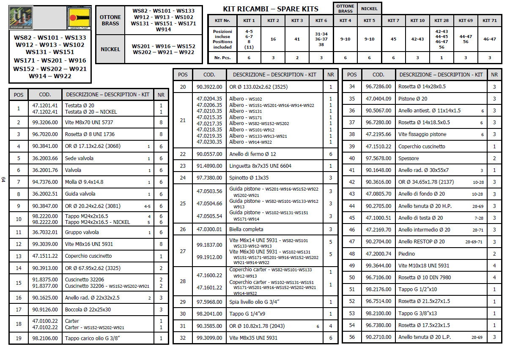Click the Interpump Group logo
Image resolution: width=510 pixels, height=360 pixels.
[21, 18]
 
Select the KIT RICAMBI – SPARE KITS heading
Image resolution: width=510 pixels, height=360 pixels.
[271, 9]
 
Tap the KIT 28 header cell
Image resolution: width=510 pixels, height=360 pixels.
[441, 20]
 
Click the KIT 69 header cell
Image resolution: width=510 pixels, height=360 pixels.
[466, 20]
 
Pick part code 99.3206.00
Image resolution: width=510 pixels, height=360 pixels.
[44, 123]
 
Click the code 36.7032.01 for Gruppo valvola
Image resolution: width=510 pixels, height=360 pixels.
[44, 232]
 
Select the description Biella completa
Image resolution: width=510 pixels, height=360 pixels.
[246, 229]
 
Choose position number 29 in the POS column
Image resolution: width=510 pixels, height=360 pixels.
[183, 302]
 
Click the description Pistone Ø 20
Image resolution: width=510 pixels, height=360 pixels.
[413, 99]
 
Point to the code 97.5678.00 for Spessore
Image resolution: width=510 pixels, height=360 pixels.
[378, 158]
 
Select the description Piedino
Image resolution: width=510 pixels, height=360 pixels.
[406, 254]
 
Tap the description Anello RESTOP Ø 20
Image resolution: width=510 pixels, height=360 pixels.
[422, 242]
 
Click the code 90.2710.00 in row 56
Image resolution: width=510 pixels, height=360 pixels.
[378, 337]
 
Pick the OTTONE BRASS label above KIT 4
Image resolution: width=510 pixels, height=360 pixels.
[345, 8]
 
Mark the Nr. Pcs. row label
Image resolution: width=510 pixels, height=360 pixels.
[223, 57]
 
